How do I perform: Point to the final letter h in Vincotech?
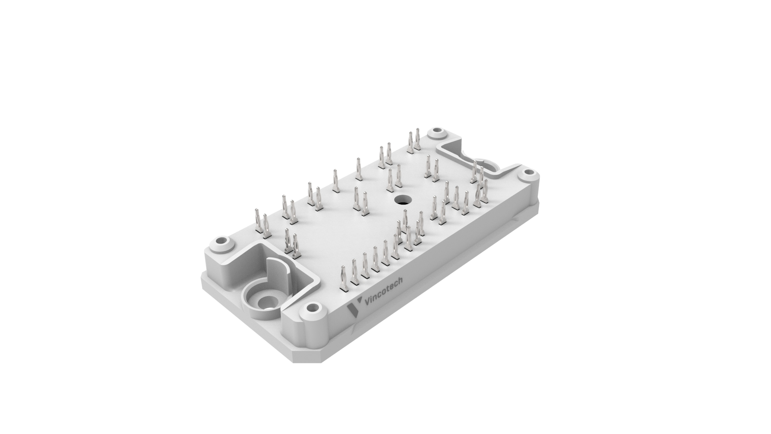coord(401,281)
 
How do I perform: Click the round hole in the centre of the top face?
coord(400,199)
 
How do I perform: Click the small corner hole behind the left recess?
coord(220,242)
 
